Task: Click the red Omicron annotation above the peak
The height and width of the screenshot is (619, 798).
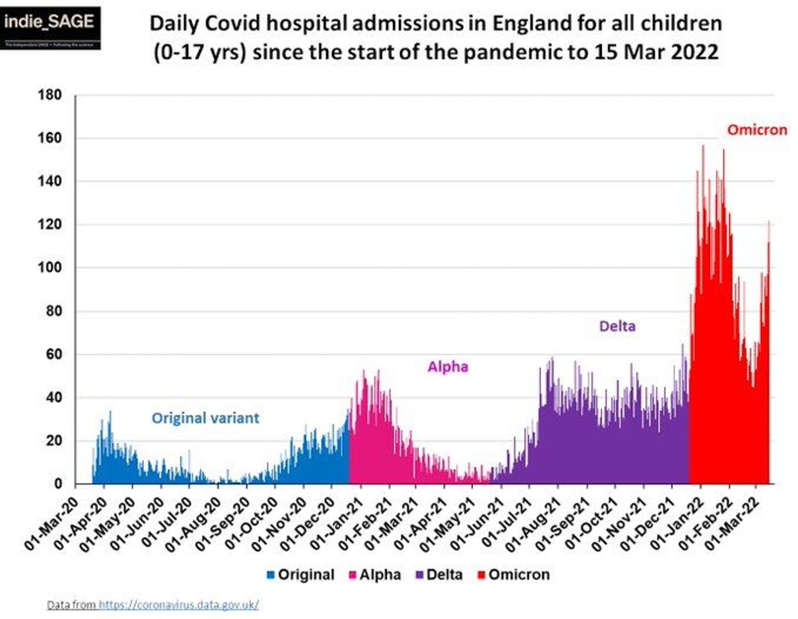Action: click(x=757, y=130)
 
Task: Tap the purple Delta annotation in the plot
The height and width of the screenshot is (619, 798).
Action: click(x=617, y=326)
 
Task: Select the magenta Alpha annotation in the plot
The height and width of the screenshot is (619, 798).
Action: click(x=448, y=367)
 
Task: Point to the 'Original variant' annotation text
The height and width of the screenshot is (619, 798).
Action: click(x=205, y=418)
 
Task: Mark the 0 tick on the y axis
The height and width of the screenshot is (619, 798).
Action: click(x=58, y=484)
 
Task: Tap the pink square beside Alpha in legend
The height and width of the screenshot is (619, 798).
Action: click(x=352, y=575)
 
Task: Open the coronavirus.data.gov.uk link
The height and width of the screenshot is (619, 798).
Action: click(x=178, y=605)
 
